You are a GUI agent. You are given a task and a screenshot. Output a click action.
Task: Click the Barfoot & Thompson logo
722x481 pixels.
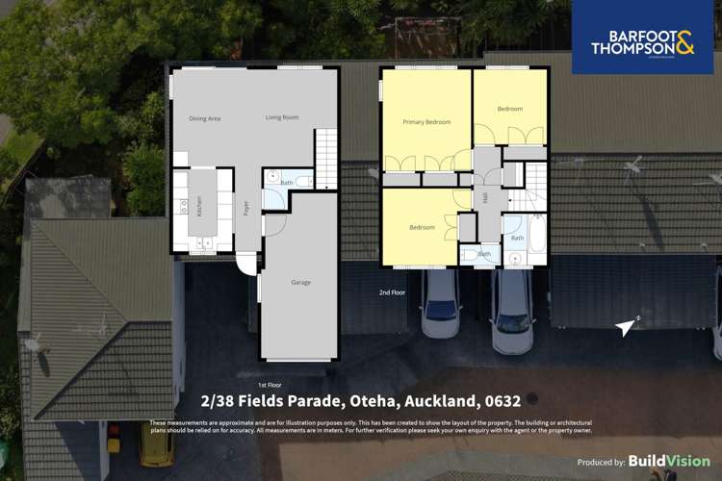[x=642, y=38]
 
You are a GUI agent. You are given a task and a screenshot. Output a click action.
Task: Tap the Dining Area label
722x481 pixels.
[x=205, y=118]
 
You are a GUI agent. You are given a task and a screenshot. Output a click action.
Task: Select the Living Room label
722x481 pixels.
[x=282, y=117]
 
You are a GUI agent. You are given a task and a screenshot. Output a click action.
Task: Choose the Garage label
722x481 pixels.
[x=301, y=283]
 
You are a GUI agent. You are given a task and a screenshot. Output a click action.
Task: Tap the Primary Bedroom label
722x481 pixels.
[x=425, y=122]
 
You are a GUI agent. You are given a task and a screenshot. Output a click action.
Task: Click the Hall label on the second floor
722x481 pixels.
[x=484, y=198]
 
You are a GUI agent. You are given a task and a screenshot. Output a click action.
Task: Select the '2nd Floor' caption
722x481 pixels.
[x=392, y=291]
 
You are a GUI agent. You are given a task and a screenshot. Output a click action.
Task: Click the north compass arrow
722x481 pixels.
[x=628, y=326]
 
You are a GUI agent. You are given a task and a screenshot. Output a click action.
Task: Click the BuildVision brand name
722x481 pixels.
[x=670, y=462]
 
